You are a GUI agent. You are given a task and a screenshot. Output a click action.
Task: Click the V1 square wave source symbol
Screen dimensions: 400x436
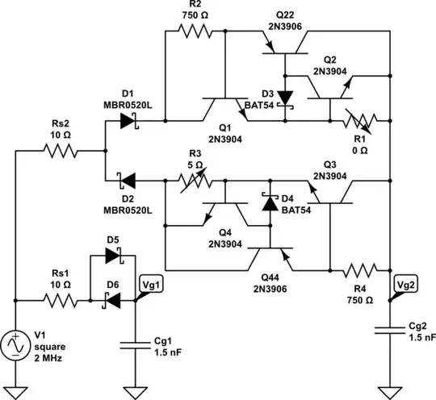coord(16,345)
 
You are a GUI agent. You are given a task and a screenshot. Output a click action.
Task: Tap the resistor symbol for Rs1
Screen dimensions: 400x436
coord(61,301)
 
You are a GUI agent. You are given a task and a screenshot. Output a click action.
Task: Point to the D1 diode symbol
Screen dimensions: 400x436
coord(128,121)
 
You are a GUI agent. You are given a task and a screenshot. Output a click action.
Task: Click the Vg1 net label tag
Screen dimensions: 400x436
coord(150,284)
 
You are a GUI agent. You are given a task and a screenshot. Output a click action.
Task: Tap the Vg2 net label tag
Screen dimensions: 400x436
coord(403,285)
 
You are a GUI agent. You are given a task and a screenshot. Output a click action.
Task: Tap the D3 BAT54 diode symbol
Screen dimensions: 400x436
coord(285,98)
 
